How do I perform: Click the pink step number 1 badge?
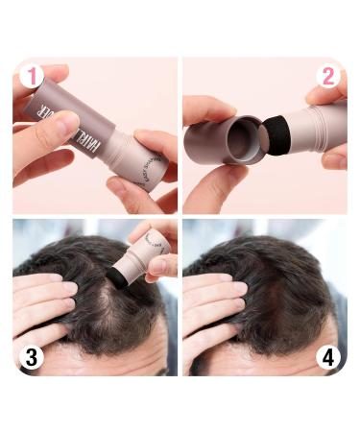[32, 77]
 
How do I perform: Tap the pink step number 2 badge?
[328, 77]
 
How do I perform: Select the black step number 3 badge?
[32, 358]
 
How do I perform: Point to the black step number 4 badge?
[328, 358]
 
